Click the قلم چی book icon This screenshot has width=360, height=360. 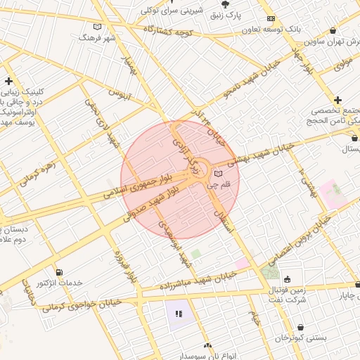coord(217,173)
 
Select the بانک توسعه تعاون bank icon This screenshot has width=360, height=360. coord(271,19)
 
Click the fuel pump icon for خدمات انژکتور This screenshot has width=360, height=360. coord(58,272)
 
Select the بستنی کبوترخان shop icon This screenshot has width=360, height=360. coord(301,327)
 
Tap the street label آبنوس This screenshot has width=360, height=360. coord(120,92)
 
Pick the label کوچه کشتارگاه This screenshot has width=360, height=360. coord(169,32)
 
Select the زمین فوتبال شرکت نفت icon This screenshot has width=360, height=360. coord(287,279)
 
